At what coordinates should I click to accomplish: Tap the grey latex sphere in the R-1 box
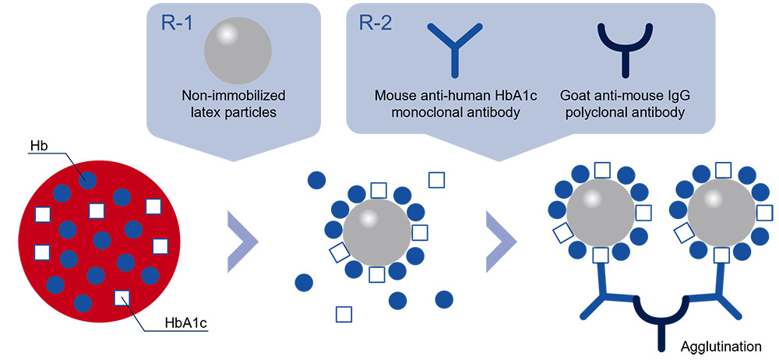pyautogui.click(x=238, y=51)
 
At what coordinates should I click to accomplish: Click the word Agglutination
pyautogui.click(x=721, y=345)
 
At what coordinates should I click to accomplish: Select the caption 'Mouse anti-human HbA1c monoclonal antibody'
pyautogui.click(x=455, y=104)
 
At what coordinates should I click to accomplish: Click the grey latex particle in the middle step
pyautogui.click(x=377, y=232)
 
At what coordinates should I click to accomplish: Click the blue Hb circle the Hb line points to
pyautogui.click(x=87, y=179)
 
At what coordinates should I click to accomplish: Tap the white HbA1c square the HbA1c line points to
pyautogui.click(x=122, y=298)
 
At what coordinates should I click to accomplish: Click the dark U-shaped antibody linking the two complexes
pyautogui.click(x=661, y=316)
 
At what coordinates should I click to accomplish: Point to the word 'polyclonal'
pyautogui.click(x=593, y=112)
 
